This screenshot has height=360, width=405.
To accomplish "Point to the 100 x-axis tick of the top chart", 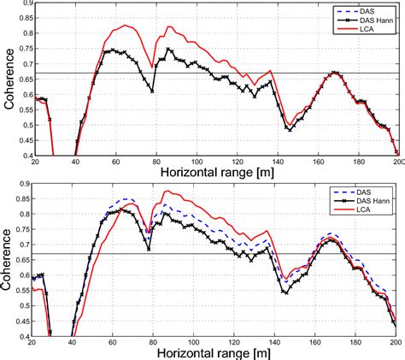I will pos(196,162).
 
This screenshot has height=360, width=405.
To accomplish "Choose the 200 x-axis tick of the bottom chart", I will pos(396,342).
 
